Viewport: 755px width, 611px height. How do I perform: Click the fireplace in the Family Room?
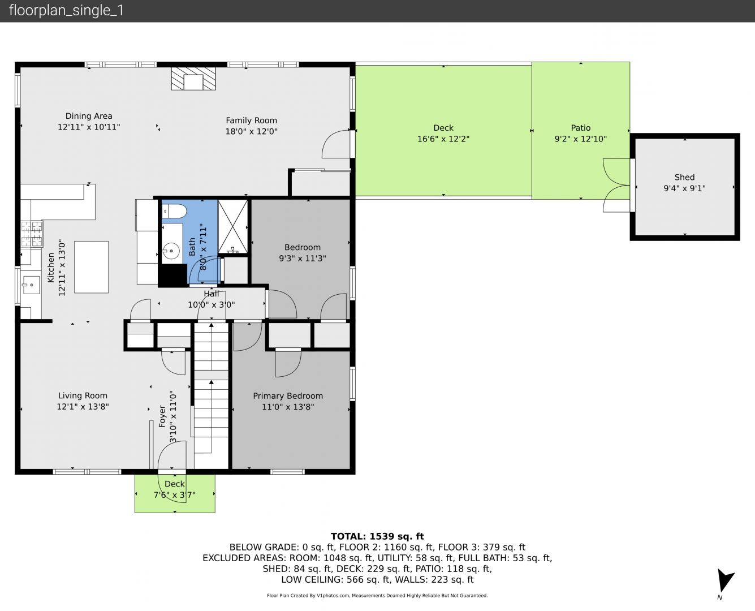pyautogui.click(x=193, y=79)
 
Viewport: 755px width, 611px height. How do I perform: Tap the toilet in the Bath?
pyautogui.click(x=174, y=212)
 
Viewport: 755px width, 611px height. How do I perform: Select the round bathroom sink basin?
pyautogui.click(x=171, y=251)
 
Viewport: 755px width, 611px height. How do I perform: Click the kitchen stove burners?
pyautogui.click(x=32, y=234)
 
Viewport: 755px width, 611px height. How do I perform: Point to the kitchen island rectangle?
pyautogui.click(x=92, y=267)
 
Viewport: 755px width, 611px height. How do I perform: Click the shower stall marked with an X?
pyautogui.click(x=233, y=227)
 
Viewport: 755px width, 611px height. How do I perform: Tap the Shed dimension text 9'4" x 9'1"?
pyautogui.click(x=684, y=188)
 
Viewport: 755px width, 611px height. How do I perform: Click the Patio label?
pyautogui.click(x=581, y=128)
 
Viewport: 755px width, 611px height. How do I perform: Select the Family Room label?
pyautogui.click(x=251, y=121)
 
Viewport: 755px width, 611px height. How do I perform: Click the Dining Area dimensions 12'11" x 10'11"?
pyautogui.click(x=89, y=127)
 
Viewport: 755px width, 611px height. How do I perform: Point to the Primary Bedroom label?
pyautogui.click(x=288, y=396)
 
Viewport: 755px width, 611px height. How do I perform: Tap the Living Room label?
pyautogui.click(x=83, y=396)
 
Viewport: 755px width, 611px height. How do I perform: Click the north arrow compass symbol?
pyautogui.click(x=724, y=579)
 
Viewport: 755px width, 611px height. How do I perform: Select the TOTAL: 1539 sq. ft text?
pyautogui.click(x=377, y=536)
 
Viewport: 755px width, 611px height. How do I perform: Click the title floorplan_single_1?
pyautogui.click(x=66, y=11)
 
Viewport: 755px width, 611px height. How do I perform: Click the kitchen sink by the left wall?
pyautogui.click(x=31, y=285)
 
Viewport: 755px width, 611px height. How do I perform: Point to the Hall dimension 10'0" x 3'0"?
pyautogui.click(x=212, y=304)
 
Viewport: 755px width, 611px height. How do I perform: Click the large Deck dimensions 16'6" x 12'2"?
pyautogui.click(x=443, y=139)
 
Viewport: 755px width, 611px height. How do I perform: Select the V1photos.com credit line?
pyautogui.click(x=377, y=596)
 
